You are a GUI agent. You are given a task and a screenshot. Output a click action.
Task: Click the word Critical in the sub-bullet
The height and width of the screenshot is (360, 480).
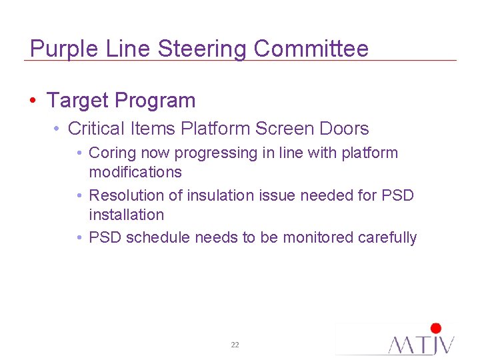pos(95,128)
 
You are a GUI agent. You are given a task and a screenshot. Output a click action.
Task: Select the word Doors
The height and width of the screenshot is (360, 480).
pos(343,128)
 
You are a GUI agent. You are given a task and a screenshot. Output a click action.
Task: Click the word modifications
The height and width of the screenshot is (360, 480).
pos(135,172)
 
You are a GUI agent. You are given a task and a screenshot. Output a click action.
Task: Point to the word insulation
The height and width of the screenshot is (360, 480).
pos(225,195)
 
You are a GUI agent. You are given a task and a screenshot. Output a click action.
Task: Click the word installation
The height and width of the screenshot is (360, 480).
pos(126,215)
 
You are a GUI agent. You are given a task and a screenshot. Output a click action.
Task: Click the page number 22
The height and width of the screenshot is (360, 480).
pos(235,345)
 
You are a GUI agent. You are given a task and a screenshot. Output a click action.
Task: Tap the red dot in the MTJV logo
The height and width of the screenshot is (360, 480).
pos(436,328)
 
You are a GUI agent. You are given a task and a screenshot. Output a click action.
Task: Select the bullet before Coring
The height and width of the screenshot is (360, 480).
pos(79,153)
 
